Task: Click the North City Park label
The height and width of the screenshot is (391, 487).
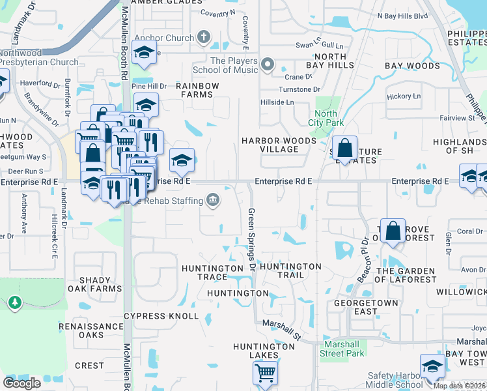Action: point(326,117)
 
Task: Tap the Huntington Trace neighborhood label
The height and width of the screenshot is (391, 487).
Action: point(212,272)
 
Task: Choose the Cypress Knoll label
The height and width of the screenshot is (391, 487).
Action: point(161,316)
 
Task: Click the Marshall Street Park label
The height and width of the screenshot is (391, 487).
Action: point(342,349)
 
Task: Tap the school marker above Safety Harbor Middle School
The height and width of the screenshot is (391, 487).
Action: point(432,367)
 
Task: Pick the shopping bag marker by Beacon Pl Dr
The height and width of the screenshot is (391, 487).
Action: point(393,231)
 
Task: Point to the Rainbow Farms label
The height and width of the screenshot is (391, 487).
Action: point(197,90)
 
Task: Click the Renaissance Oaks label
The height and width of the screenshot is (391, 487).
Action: point(91,330)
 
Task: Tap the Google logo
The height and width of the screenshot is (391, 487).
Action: point(21,383)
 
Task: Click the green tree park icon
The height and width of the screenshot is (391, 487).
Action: point(14,302)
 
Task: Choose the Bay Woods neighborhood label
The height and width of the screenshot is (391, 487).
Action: point(412,66)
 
